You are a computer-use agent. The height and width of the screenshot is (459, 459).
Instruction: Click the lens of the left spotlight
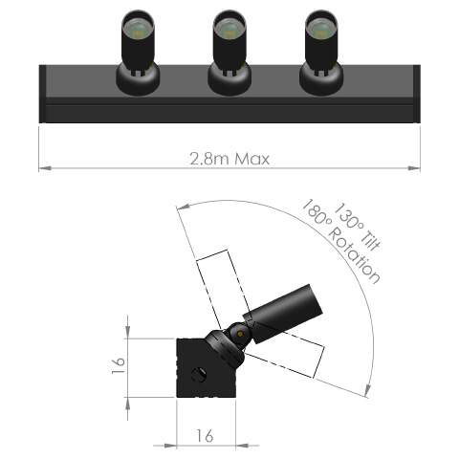click(x=136, y=31)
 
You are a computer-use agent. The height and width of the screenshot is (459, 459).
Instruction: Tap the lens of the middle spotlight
click(x=229, y=31)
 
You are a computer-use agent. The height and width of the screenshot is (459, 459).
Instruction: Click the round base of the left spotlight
click(x=136, y=80)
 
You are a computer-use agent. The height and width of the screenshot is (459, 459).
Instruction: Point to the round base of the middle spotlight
click(x=229, y=80)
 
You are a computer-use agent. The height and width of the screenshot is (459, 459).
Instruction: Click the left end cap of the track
click(x=42, y=94)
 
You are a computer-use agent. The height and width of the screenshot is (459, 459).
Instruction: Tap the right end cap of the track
click(x=417, y=94)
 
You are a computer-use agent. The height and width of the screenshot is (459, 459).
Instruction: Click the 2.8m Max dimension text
click(x=229, y=158)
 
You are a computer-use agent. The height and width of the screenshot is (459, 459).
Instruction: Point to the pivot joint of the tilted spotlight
click(x=235, y=337)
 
